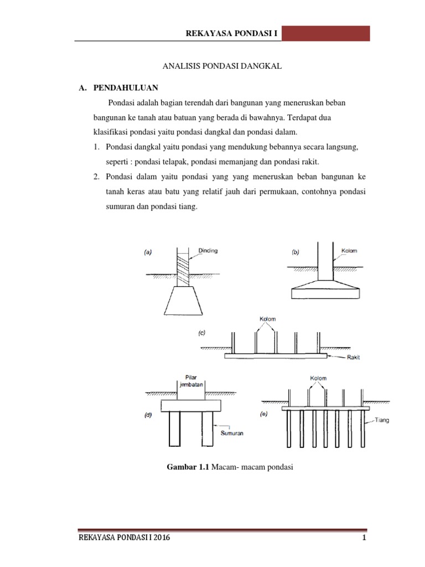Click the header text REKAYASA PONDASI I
tap(233, 34)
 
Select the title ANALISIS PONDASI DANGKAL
tap(222, 66)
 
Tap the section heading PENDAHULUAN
tap(126, 88)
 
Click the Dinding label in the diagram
tap(208, 250)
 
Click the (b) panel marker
tap(296, 252)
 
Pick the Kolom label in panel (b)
tap(349, 250)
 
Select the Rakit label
tap(353, 357)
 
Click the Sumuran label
tap(232, 434)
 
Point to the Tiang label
tap(382, 420)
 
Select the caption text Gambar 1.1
tap(186, 467)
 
